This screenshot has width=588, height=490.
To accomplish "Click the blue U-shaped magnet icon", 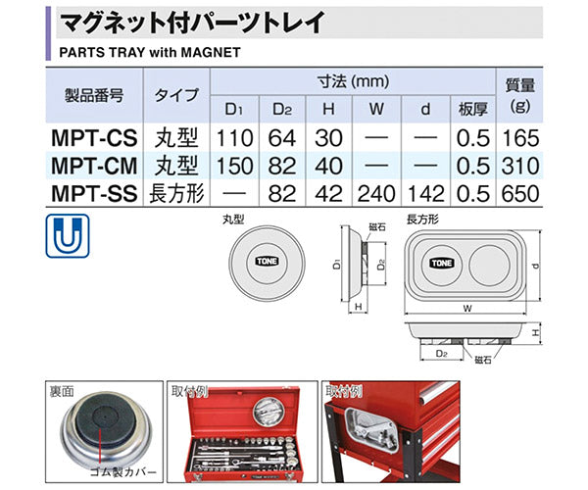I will pos(67,234).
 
